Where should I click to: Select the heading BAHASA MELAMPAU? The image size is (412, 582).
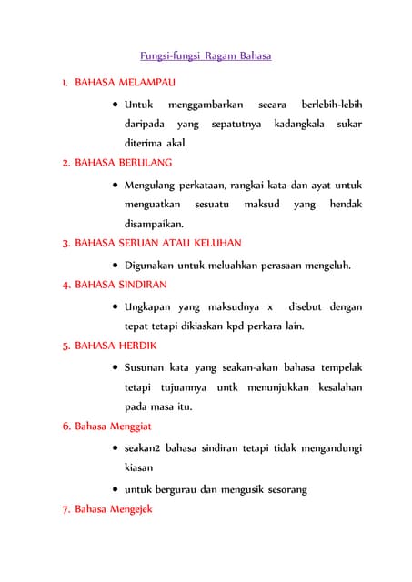click(125, 82)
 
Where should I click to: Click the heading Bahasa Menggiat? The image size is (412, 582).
click(113, 426)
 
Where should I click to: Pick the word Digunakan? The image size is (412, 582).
click(153, 266)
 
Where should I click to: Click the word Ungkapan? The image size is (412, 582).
click(152, 306)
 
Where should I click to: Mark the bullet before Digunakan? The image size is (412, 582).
click(114, 266)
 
